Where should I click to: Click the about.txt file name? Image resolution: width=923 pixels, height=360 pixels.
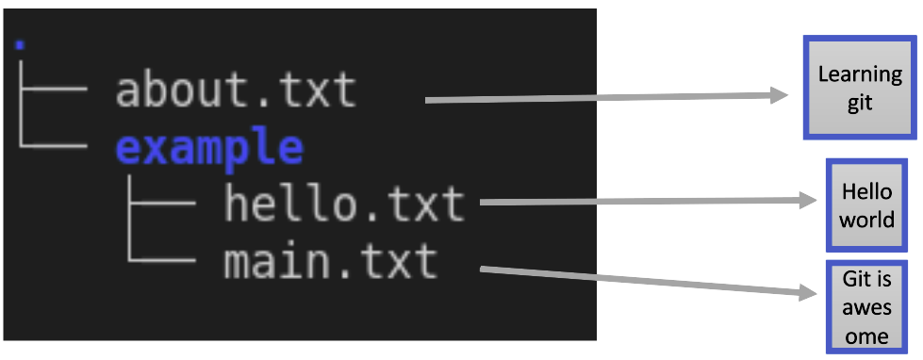pos(236,91)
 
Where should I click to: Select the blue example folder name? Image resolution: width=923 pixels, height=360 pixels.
pos(209,148)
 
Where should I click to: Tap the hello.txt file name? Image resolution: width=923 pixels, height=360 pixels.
pos(344,204)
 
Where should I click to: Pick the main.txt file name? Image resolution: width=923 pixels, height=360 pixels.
pos(331,260)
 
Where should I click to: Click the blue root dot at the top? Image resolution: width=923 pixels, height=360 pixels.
pos(21,44)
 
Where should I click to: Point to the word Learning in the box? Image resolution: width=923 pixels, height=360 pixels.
pos(859,74)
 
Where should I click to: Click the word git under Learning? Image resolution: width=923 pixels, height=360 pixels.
pos(859,103)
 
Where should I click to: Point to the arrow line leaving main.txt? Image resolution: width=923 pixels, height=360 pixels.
pos(641,281)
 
